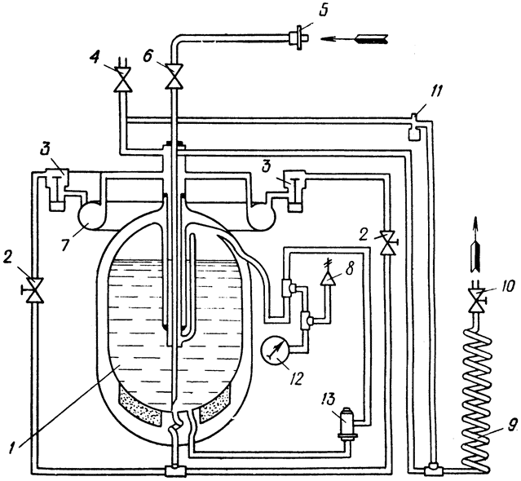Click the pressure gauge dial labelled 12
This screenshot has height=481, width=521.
pos(276,350)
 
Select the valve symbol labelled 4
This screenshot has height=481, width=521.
pos(122,79)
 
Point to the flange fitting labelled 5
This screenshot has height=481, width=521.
pos(298,38)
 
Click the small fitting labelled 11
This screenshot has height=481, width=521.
pos(413,126)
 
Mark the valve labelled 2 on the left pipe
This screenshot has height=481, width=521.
pos(34,289)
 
